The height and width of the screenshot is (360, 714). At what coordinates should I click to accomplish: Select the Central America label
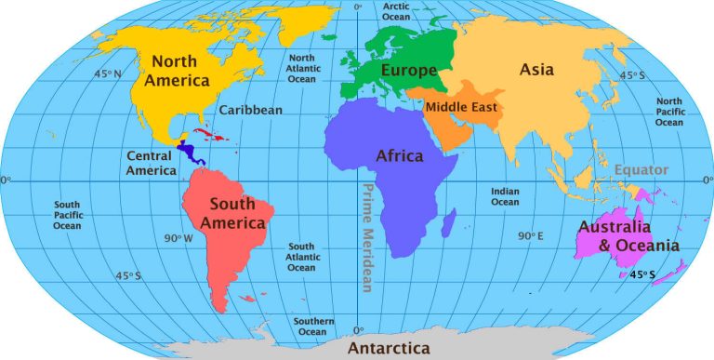coord(152,163)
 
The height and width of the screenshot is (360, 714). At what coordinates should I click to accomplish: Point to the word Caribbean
coord(250,110)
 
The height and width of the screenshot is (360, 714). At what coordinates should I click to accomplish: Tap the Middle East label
coord(461,107)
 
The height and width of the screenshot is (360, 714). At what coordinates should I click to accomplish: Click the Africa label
coord(399,155)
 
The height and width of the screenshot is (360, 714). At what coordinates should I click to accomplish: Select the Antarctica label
coord(390,348)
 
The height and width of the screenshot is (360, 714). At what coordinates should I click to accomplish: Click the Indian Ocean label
coord(505,196)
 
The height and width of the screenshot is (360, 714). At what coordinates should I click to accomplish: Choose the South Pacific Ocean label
coord(66,215)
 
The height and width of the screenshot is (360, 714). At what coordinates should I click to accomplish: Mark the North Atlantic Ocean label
coord(301,69)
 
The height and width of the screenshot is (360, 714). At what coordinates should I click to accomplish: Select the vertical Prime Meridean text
coord(366,235)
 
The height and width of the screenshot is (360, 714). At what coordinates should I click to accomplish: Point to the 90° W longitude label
coord(178,239)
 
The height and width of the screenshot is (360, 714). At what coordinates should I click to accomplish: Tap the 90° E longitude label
coord(531,236)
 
